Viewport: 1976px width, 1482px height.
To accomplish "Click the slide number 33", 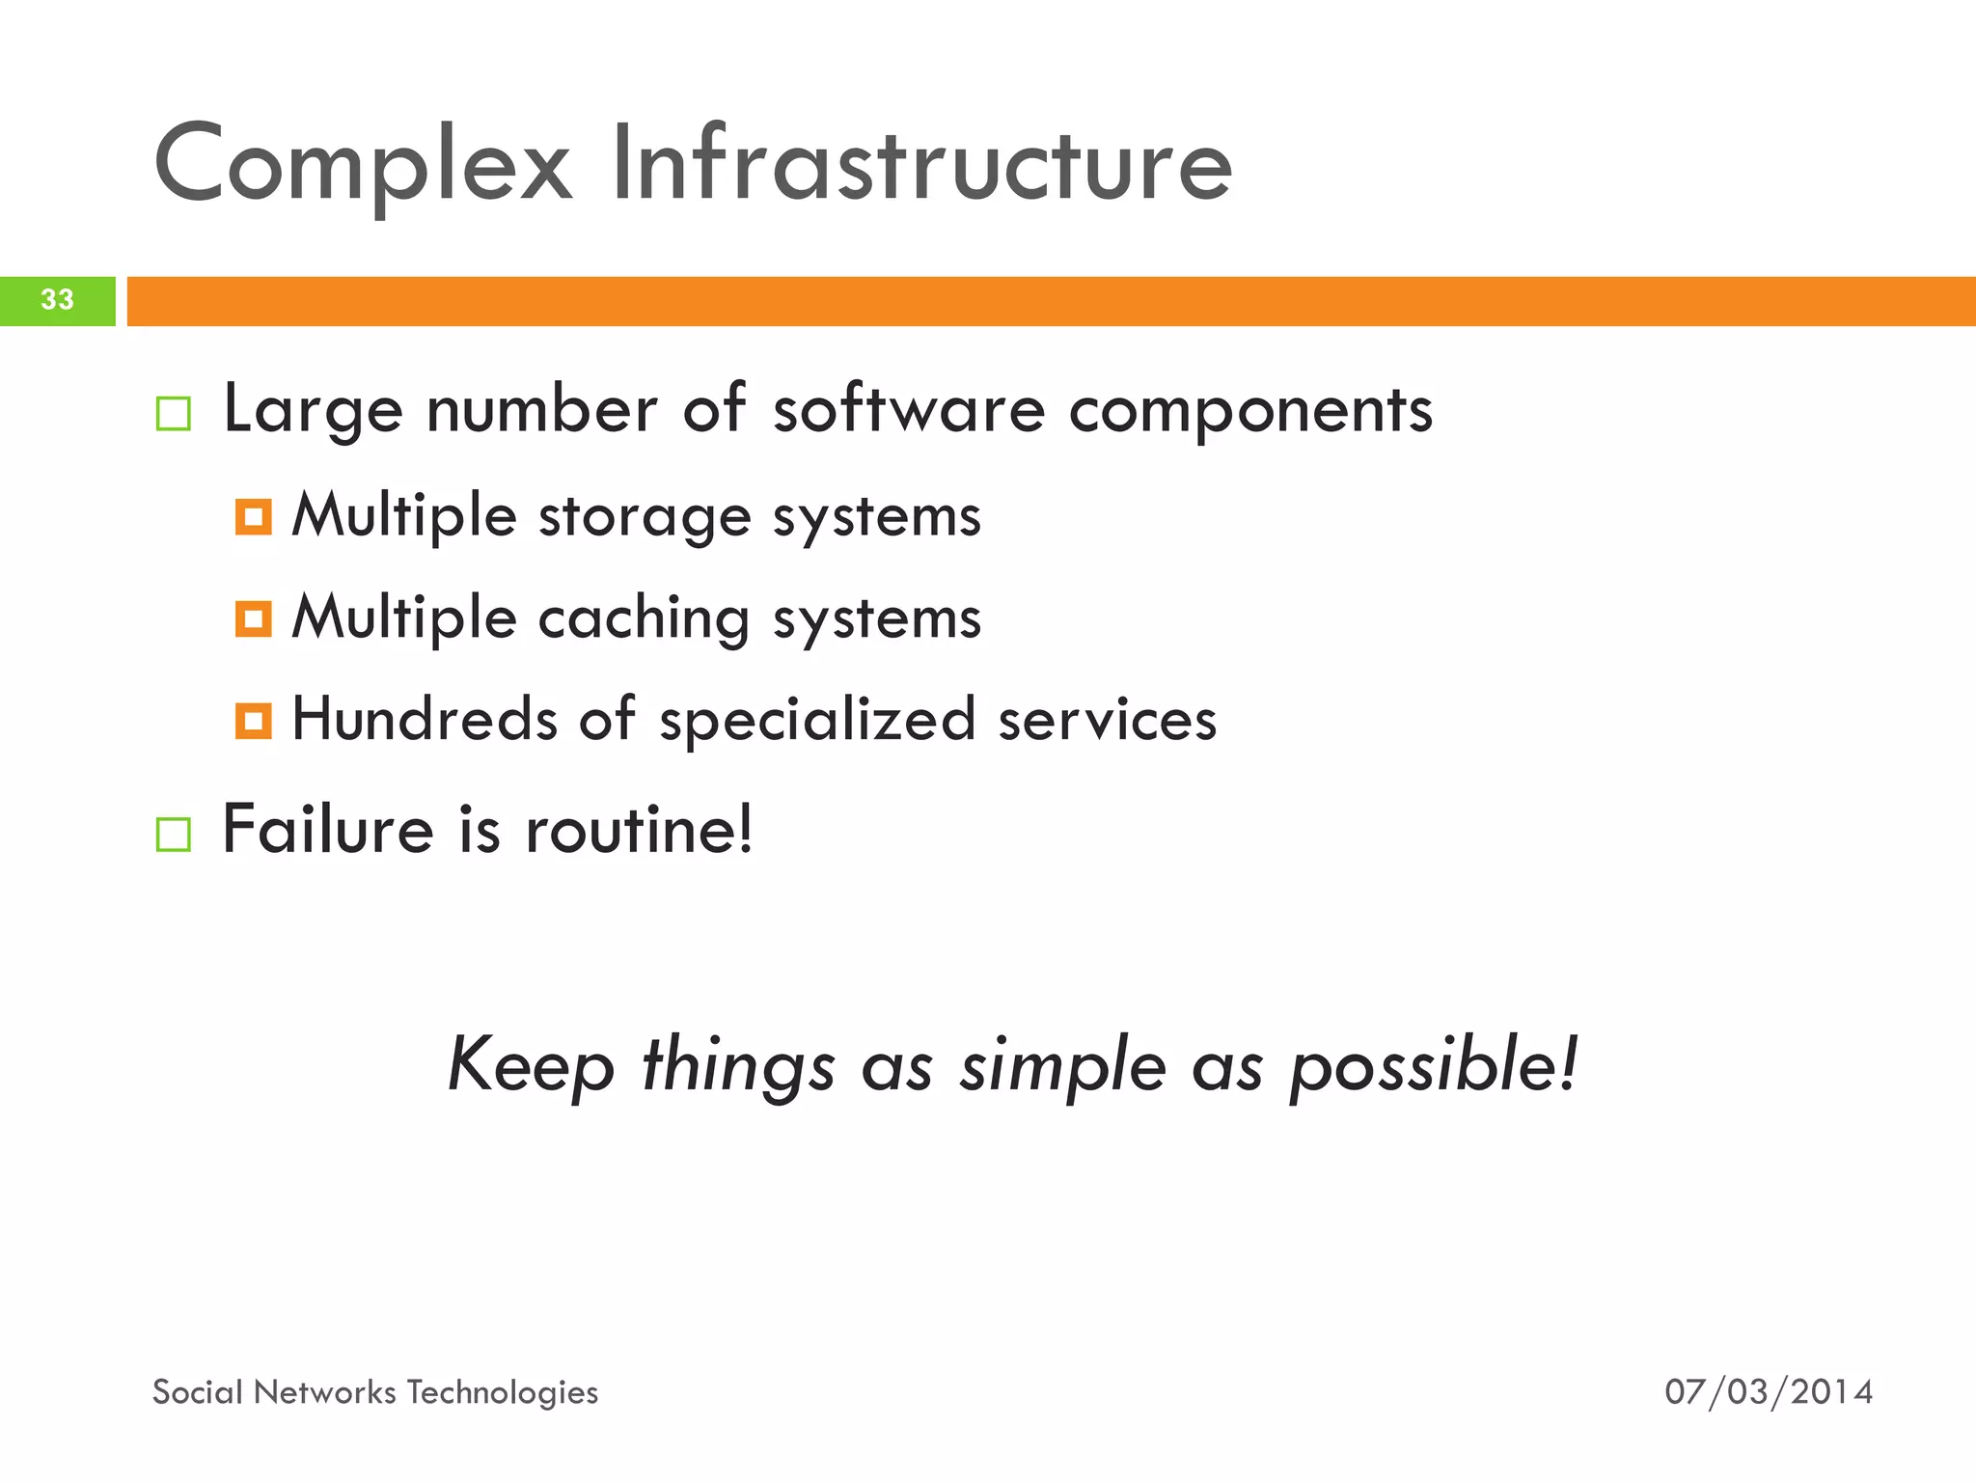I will click(x=57, y=300).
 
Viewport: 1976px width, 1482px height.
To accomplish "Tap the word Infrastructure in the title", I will click(x=921, y=164).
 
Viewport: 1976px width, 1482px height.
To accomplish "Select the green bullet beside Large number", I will click(x=174, y=414).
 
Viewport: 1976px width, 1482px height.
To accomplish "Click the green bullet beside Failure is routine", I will click(x=174, y=835).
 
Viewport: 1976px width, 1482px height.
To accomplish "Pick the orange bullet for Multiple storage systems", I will click(x=254, y=517).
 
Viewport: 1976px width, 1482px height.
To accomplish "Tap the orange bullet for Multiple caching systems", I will click(x=254, y=618).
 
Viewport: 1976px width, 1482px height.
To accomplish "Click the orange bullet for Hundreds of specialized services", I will click(x=254, y=721).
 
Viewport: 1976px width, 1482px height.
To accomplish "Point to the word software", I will click(x=909, y=409).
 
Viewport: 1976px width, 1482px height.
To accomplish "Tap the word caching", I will click(x=644, y=619).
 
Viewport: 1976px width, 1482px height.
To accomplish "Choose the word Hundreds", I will click(x=425, y=719).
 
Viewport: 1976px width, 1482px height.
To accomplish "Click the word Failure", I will click(x=328, y=830).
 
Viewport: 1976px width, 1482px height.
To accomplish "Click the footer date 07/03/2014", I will click(x=1769, y=1392).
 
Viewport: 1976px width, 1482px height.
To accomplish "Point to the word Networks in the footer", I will click(x=325, y=1392).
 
